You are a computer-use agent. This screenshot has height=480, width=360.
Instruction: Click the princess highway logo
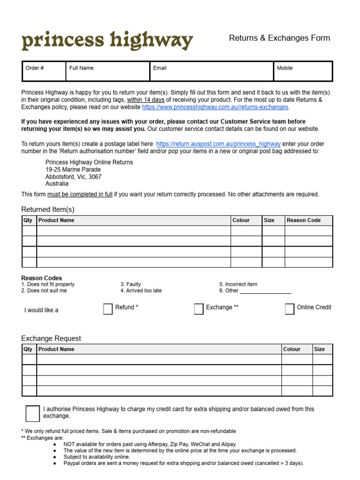point(107,41)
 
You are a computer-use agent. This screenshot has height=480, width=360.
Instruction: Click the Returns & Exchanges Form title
point(279,38)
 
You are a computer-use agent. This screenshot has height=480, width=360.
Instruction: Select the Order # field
point(44,71)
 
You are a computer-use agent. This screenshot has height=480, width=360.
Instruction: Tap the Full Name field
point(108,71)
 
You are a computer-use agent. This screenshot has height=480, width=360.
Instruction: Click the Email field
point(211,71)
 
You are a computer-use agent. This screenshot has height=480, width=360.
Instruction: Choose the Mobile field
point(303,71)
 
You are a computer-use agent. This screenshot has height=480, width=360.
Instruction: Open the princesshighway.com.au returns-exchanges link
point(215,107)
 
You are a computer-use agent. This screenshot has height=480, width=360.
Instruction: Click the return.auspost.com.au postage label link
point(218,144)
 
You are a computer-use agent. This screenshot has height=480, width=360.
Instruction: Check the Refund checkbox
point(108,309)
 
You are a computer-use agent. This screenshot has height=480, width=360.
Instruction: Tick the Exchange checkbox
point(199,309)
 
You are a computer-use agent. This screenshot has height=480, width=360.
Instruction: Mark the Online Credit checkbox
point(290,309)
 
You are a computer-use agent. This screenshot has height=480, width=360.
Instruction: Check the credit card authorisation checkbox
point(33,413)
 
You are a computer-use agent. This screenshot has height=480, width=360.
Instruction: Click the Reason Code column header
point(303,220)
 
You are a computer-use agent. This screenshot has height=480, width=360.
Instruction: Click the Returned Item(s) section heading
point(48,210)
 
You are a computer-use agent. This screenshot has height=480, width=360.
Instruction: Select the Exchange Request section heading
point(51,338)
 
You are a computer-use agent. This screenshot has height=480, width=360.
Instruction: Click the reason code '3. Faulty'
point(130,284)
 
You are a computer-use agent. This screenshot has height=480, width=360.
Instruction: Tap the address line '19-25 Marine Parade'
point(73,170)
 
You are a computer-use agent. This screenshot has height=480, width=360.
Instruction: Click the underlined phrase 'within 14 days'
point(146,100)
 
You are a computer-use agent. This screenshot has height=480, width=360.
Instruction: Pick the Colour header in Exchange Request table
point(292,349)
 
